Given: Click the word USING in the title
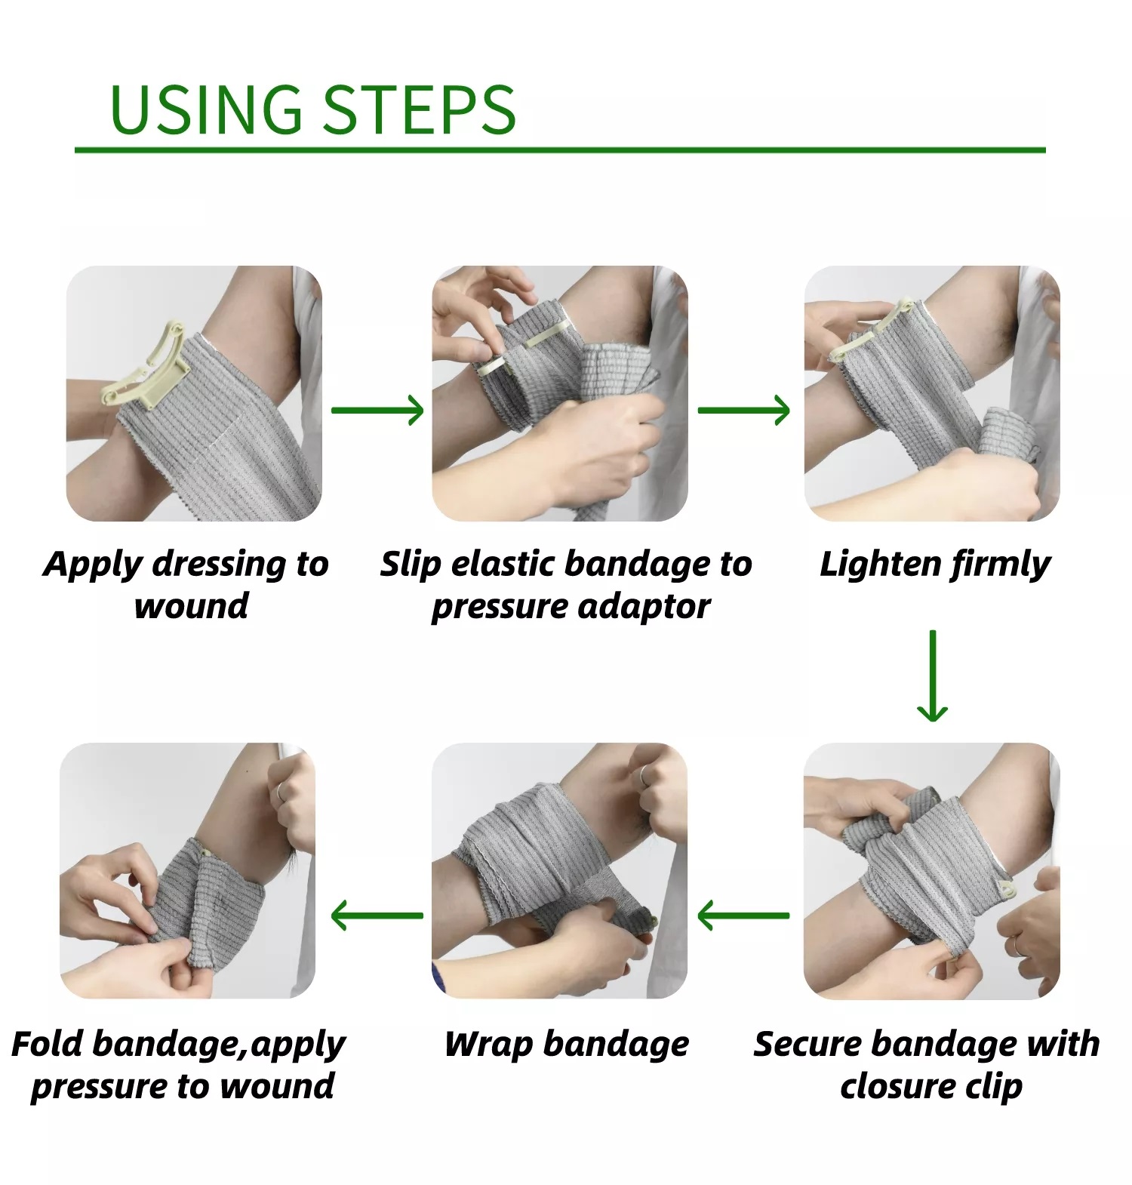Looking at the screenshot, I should [205, 110].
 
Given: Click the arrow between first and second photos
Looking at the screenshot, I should [377, 410].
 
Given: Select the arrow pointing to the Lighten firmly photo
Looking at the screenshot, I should [743, 410].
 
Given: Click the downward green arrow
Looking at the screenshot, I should [933, 675].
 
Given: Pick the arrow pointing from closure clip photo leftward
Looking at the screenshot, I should [743, 916].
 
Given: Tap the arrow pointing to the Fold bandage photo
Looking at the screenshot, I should [377, 916].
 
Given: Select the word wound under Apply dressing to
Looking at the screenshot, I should [191, 606].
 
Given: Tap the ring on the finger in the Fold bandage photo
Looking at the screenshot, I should [279, 791].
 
